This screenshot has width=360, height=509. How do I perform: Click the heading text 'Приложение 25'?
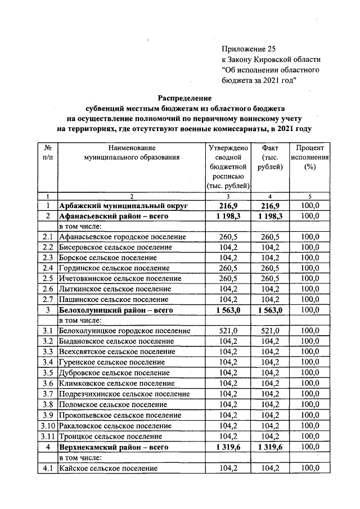pos(250,49)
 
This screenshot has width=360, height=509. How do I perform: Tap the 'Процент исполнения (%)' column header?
pos(309,157)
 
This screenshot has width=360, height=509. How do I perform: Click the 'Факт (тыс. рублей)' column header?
pos(271,157)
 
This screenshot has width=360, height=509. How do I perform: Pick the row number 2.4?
pos(48,268)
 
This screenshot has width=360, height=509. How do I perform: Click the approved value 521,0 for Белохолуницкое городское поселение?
pos(228,331)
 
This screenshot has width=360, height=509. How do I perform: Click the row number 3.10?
pos(48,426)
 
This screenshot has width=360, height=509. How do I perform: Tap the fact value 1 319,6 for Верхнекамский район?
pos(271,447)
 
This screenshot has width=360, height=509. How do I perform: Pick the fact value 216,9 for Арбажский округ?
pos(271,206)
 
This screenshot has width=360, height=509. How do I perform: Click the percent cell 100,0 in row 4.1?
pos(309,468)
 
